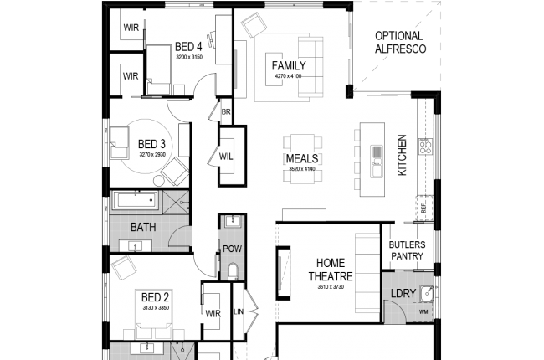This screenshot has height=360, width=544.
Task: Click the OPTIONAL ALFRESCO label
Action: tap(400, 43)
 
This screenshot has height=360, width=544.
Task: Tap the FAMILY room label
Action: tap(288, 65)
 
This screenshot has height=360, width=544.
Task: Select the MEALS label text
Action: tap(300, 159)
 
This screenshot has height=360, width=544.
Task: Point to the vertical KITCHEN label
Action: tap(402, 155)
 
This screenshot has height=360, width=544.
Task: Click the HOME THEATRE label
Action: tap(331, 270)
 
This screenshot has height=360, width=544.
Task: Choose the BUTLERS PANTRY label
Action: tap(407, 250)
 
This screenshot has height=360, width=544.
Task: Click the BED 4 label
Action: tap(188, 46)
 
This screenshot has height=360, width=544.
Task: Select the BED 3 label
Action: tap(152, 144)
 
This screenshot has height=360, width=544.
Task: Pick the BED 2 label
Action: tap(155, 297)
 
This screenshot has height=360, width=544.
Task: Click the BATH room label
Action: tap(144, 227)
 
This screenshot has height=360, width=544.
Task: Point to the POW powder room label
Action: tap(232, 249)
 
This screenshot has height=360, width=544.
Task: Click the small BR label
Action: tap(225, 110)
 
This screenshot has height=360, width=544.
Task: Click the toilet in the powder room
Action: tap(233, 270)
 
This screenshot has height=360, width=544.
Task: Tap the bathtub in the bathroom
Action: tap(136, 201)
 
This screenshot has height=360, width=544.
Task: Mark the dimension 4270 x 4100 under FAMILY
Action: tap(288, 76)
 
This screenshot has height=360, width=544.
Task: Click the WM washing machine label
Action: tap(423, 311)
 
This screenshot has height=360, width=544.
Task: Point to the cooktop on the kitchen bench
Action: tap(424, 147)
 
